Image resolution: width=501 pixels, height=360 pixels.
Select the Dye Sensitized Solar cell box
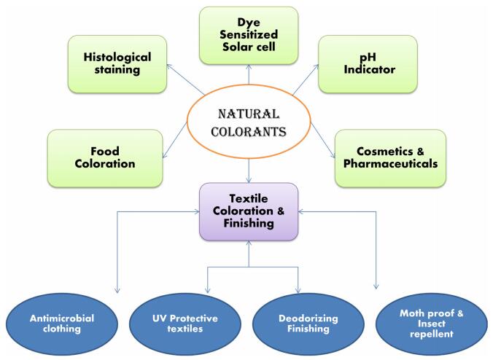click(x=249, y=34)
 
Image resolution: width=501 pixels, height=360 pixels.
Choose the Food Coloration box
click(x=104, y=157)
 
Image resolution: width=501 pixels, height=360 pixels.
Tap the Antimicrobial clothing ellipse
click(x=62, y=323)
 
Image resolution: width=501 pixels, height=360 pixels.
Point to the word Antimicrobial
click(x=62, y=317)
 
